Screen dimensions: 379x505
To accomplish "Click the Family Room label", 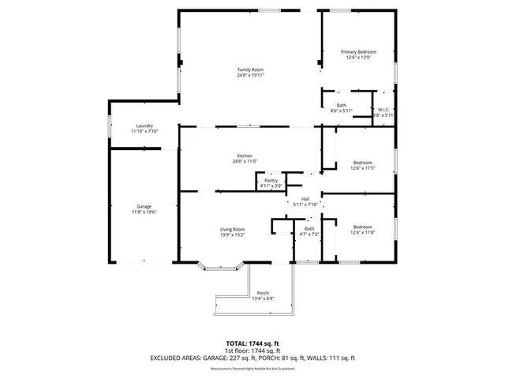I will pos(250,70).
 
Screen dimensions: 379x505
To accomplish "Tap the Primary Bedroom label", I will pos(358,52).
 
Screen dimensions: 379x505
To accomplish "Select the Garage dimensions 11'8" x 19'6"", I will pos(144,212).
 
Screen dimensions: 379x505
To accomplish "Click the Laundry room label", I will pos(144,126).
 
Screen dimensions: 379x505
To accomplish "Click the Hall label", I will pos(305,199).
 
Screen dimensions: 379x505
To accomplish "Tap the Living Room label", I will pos(232,229).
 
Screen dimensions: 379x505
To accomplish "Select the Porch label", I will pos(263,293).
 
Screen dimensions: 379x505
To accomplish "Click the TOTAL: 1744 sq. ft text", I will pos(252,343).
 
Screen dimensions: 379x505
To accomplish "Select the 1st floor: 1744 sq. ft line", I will pos(252,350).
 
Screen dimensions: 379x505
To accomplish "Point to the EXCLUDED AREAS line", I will pos(252,358).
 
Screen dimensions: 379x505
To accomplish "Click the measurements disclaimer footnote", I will pos(252,367).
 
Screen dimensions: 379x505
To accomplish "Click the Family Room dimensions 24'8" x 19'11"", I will pos(250,76).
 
